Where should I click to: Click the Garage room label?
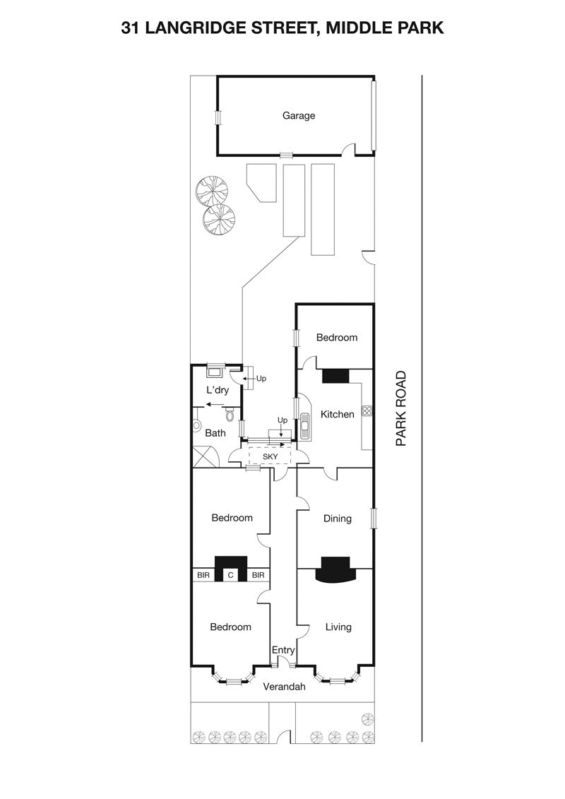coord(299,116)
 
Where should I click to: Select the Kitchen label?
coord(338,415)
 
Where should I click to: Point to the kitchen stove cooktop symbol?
coord(367,410)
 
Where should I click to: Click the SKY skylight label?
coord(270,457)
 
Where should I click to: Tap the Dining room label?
coord(338,519)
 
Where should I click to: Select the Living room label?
coord(338,627)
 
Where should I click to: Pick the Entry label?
coord(283,650)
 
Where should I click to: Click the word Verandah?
coord(284,686)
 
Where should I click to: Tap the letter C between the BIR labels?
coord(231,576)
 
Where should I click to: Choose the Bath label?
coord(215,433)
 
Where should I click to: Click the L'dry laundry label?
coord(218,390)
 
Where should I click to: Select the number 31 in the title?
coord(130,29)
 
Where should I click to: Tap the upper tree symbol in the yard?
coord(213,189)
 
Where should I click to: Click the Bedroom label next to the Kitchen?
coord(337,338)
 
